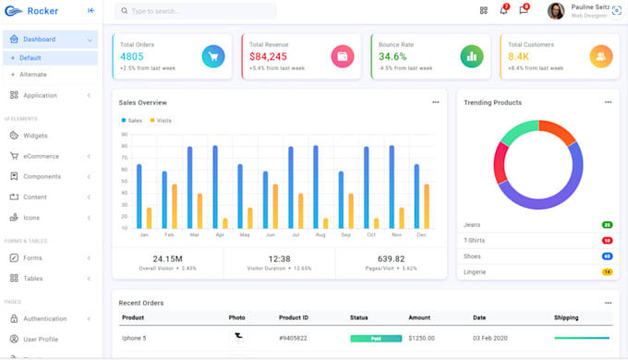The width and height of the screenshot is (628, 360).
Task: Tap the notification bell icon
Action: click(x=503, y=11)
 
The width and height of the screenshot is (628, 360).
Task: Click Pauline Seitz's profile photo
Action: click(x=556, y=11)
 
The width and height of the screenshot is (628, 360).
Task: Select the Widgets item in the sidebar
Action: click(x=35, y=136)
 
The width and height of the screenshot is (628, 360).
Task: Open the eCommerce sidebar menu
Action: click(x=41, y=156)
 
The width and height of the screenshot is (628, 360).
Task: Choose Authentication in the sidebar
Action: click(x=44, y=318)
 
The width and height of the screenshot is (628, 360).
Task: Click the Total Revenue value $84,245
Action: click(x=268, y=57)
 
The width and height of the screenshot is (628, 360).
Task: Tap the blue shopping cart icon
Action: click(x=212, y=56)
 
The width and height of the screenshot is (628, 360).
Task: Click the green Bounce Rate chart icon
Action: click(x=471, y=56)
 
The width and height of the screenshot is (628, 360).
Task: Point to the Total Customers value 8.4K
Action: click(x=518, y=57)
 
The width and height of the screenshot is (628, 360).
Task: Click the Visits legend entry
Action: click(x=162, y=121)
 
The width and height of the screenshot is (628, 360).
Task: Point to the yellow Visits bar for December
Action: click(x=426, y=206)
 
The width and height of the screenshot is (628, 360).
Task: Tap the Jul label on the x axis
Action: click(x=295, y=235)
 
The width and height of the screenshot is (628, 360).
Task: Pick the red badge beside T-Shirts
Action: click(x=607, y=240)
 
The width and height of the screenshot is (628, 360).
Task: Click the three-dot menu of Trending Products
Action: click(x=608, y=102)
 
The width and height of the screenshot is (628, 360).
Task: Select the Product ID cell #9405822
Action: click(x=293, y=339)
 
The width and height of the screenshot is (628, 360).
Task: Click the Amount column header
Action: click(x=419, y=318)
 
